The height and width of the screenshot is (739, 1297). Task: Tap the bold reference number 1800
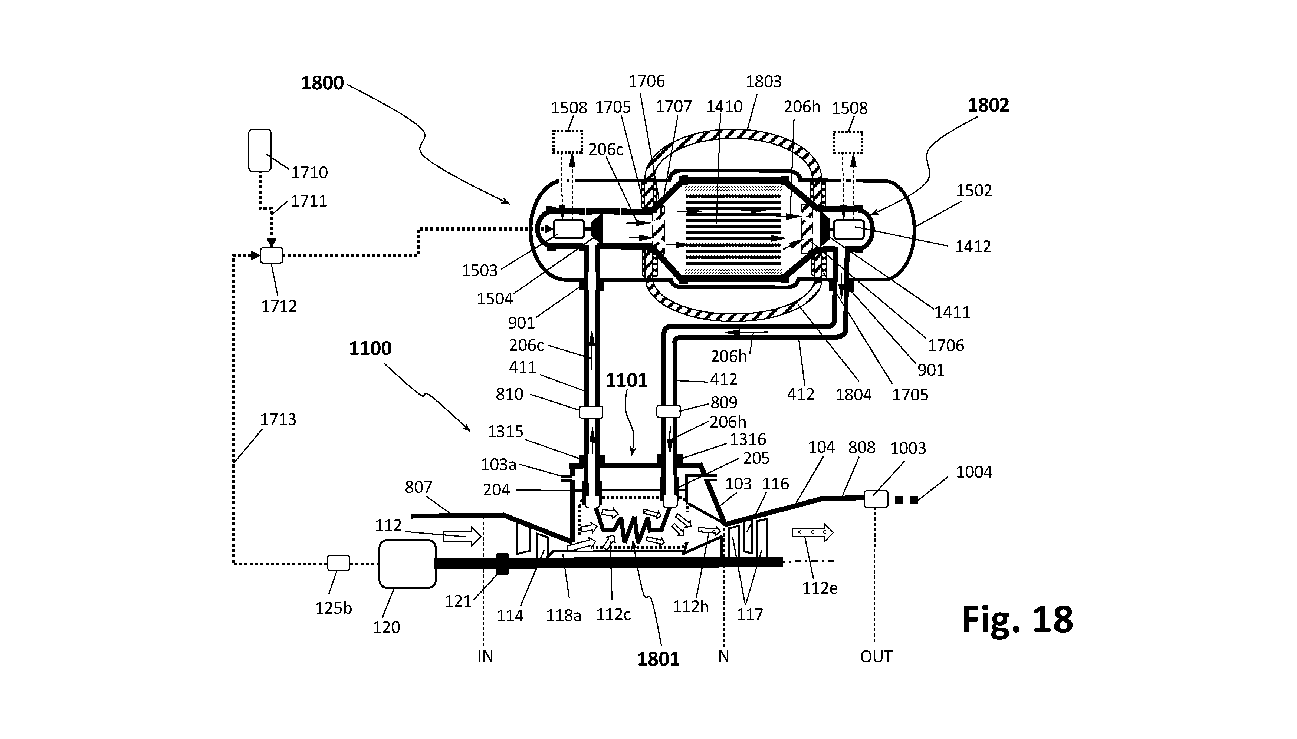tap(322, 83)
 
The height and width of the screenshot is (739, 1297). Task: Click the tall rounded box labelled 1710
tap(259, 150)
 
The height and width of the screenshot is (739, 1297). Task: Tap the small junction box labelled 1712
tap(271, 255)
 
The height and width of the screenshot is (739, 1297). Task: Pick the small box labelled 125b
tap(338, 563)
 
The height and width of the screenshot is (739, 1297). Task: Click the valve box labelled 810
tap(591, 412)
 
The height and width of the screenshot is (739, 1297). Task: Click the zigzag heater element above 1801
tap(633, 530)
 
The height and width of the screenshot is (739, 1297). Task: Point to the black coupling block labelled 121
tap(502, 564)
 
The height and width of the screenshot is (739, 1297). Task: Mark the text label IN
tap(485, 657)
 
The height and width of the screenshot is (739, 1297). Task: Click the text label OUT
tap(876, 657)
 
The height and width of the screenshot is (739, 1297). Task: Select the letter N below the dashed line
tap(724, 657)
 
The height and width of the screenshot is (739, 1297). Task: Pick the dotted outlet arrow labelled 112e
tap(812, 532)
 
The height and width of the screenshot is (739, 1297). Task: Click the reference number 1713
tap(278, 419)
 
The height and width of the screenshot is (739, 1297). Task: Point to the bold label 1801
tap(658, 659)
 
